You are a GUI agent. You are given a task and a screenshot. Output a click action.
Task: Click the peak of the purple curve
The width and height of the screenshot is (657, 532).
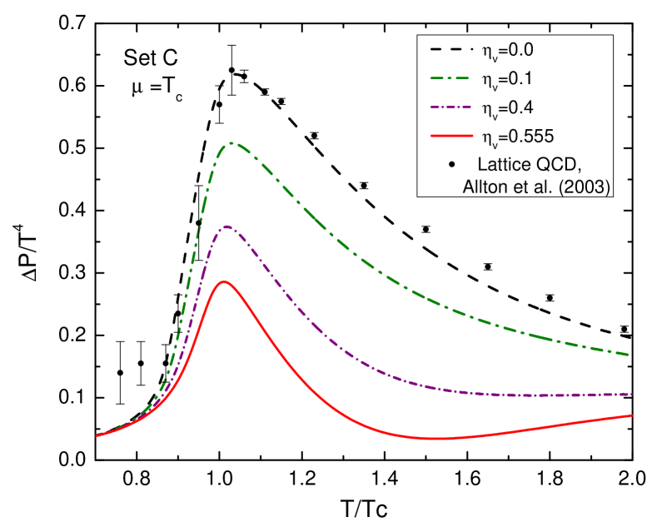226,226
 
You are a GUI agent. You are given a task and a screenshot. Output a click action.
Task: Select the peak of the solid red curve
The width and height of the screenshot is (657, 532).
223,281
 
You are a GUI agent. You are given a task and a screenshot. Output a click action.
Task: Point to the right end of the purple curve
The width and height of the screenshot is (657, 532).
631,394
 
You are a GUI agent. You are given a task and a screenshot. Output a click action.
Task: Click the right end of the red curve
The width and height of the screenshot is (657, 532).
631,415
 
